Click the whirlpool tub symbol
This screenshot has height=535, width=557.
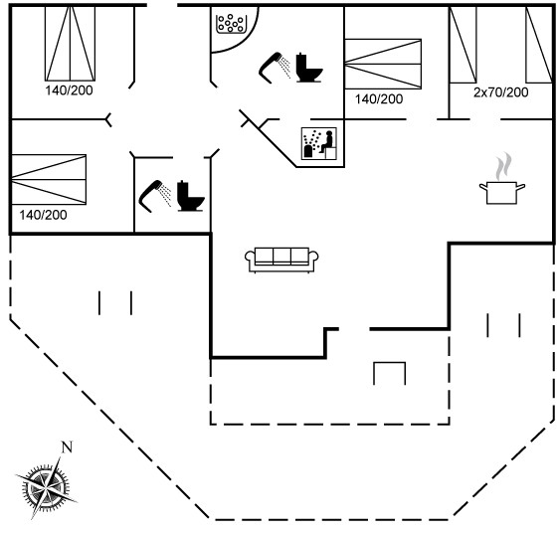coord(231,24)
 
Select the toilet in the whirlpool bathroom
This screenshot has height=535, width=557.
coord(308,68)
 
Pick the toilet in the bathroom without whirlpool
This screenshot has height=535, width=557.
coord(190,196)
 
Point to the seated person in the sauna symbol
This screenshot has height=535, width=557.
coord(328,142)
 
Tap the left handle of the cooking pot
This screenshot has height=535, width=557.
coord(483,187)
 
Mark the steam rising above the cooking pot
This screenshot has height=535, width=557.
coord(503,166)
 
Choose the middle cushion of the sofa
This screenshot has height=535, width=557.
coord(281,256)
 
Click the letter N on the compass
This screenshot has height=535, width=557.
coord(67,446)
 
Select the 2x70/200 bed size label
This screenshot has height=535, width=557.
coord(501,92)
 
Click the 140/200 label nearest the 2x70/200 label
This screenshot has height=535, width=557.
coord(379,99)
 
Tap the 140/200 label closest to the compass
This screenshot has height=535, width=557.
coord(43,215)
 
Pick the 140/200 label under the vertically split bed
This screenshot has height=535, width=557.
coord(69,90)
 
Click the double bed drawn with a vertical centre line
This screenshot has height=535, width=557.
coord(70,43)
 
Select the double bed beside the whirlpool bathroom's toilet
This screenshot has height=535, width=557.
coord(383,64)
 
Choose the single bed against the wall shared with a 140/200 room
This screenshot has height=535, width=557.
coord(463,45)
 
